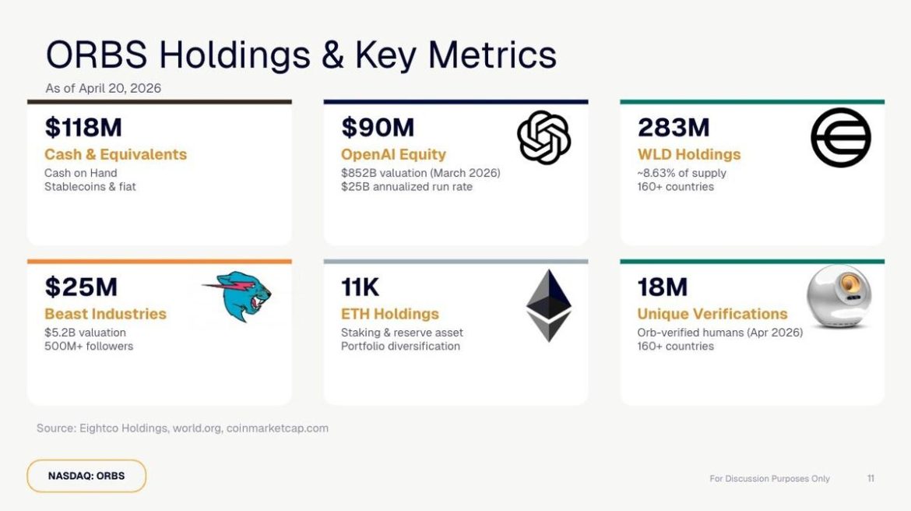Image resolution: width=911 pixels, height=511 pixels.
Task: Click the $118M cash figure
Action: [x=83, y=127]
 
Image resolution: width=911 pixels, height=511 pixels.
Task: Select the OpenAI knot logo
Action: [x=544, y=138]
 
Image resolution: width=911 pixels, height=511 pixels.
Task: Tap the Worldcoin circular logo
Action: [x=840, y=138]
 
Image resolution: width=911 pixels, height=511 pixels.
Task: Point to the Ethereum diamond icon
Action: [x=548, y=305]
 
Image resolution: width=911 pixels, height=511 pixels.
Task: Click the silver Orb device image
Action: [x=839, y=297]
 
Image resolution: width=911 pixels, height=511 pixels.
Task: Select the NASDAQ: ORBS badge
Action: [x=86, y=476]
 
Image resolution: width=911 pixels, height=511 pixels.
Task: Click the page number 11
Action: [x=871, y=478]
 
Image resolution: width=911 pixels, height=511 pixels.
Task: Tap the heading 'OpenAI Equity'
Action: [x=393, y=154]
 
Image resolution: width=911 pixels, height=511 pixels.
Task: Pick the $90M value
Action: [x=378, y=127]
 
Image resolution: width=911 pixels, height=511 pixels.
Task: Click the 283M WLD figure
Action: [x=674, y=127]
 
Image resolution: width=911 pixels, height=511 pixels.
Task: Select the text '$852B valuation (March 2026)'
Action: [x=420, y=173]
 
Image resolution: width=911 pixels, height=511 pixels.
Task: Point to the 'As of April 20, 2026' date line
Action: [x=103, y=88]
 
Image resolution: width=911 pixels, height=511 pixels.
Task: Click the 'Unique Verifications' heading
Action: [x=712, y=314]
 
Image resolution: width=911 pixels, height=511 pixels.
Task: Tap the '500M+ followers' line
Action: [x=89, y=346]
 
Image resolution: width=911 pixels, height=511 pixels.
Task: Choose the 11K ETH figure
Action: [x=360, y=287]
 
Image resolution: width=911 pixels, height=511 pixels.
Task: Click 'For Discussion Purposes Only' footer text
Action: [x=769, y=478]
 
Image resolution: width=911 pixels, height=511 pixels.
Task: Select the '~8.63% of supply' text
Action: [x=681, y=173]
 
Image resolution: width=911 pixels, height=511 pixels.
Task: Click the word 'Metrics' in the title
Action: [x=492, y=55]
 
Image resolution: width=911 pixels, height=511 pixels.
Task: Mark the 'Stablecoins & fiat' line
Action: [x=90, y=186]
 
